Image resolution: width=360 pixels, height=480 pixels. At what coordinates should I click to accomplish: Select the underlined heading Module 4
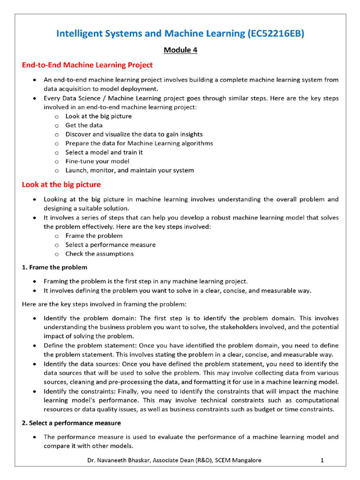[x=180, y=50]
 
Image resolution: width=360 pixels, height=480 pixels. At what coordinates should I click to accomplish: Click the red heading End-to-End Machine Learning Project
[x=87, y=65]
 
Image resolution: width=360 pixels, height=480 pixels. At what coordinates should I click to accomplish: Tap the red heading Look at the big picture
[x=61, y=185]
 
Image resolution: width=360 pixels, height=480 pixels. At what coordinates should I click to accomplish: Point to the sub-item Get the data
[x=84, y=125]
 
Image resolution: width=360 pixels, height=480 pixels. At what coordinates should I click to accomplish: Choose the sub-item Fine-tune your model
[x=97, y=161]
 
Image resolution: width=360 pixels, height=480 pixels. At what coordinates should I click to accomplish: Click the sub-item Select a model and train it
[x=104, y=152]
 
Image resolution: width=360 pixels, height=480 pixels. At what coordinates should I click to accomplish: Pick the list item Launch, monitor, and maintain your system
[x=129, y=170]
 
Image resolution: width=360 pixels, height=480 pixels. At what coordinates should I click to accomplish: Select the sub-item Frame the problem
[x=94, y=236]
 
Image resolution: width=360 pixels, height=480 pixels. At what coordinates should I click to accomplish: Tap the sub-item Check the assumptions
[x=99, y=254]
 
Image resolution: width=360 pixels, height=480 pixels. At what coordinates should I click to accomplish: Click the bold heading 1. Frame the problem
[x=54, y=267]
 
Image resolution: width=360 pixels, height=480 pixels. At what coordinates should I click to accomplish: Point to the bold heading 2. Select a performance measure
[x=71, y=423]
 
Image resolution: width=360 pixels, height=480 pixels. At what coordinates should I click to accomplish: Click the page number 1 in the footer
[x=322, y=460]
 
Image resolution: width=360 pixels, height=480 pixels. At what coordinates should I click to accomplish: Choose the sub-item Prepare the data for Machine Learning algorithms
[x=139, y=143]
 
